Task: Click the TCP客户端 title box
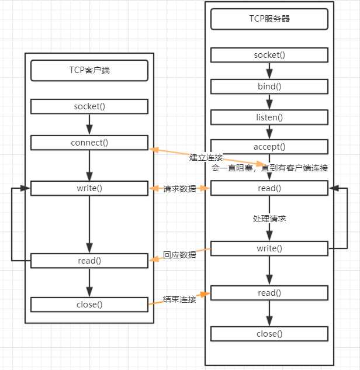[x=89, y=71]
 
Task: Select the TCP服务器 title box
[x=269, y=19]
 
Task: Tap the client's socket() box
[x=89, y=106]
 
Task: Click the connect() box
[x=89, y=143]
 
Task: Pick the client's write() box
[x=89, y=188]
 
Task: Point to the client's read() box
[x=89, y=261]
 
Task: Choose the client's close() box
[x=89, y=304]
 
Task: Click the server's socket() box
[x=269, y=55]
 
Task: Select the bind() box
[x=269, y=87]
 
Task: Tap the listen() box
[x=269, y=117]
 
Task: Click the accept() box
[x=269, y=147]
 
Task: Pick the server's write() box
[x=269, y=248]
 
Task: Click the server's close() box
[x=269, y=334]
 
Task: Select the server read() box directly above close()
[x=269, y=292]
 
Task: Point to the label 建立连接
[x=206, y=158]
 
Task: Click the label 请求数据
[x=179, y=188]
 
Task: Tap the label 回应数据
[x=179, y=255]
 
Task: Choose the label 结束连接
[x=179, y=299]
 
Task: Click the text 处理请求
[x=269, y=218]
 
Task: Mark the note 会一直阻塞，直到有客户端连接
[x=269, y=168]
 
